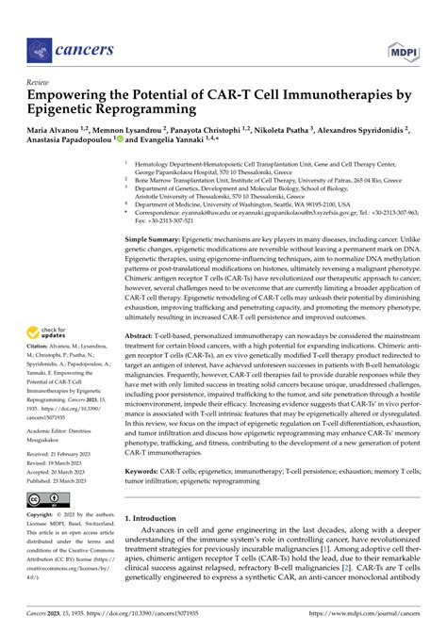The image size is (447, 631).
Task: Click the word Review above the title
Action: (37, 83)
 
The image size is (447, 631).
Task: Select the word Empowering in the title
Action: (76, 96)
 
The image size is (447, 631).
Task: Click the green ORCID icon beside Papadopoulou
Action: (118, 139)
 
